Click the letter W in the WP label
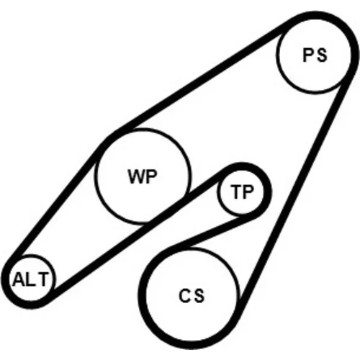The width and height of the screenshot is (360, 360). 136,176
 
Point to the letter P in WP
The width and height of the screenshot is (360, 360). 150,176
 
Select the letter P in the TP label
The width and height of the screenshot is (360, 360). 248,192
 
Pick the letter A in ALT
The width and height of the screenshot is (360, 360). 19,279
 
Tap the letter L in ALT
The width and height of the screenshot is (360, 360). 30,279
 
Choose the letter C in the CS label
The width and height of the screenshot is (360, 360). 185,295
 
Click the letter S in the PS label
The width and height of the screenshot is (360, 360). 321,55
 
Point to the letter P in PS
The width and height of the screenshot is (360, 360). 308,55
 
